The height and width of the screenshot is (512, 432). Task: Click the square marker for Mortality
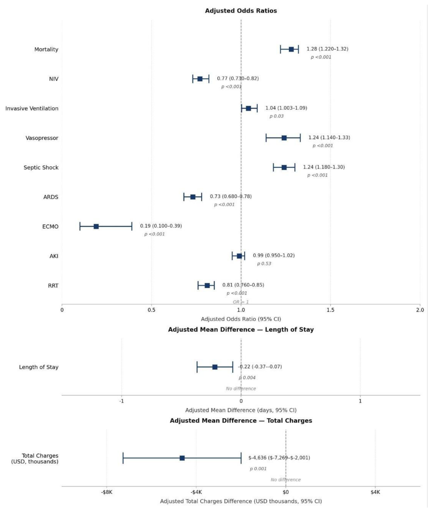[291, 49]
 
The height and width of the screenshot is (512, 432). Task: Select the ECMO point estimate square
[96, 226]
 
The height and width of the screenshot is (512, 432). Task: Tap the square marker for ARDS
[193, 197]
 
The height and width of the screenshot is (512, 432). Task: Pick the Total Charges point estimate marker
[182, 458]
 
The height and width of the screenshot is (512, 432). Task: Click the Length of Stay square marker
[215, 367]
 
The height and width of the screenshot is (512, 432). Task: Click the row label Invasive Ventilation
[32, 108]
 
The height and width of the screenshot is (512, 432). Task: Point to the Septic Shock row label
[41, 167]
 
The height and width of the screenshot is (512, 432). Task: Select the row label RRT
[53, 286]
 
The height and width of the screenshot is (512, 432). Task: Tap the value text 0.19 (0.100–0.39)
[161, 226]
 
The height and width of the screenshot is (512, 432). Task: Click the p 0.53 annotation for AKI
[264, 264]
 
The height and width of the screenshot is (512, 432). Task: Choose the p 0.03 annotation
[277, 116]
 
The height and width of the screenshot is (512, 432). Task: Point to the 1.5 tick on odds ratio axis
[331, 310]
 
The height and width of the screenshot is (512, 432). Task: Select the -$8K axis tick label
[107, 492]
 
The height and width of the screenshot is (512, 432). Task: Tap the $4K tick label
[375, 492]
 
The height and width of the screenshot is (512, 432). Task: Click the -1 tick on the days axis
[122, 401]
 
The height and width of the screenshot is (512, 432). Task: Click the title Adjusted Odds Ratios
[241, 11]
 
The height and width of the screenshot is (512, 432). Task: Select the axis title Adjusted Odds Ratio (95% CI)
[241, 319]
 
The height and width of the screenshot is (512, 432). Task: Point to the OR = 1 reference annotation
[241, 302]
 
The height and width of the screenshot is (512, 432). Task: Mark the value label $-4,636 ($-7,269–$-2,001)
[279, 458]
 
